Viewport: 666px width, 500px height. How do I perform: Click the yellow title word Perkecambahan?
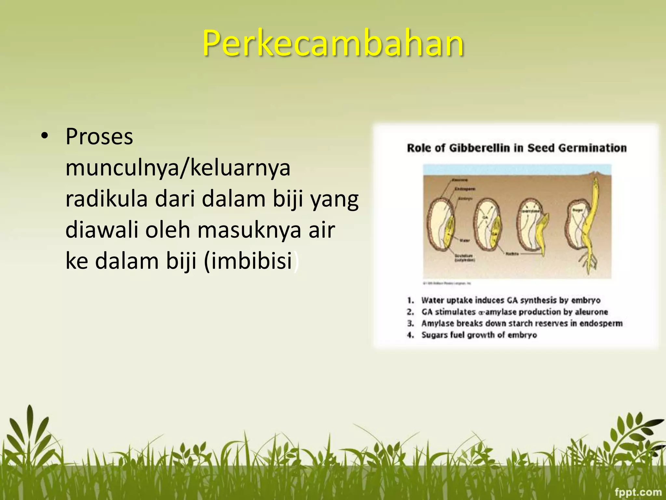(x=333, y=43)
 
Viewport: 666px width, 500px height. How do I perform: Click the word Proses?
(x=99, y=137)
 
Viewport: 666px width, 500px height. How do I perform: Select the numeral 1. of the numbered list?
(x=411, y=300)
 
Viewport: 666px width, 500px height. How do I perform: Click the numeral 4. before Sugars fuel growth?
(x=411, y=335)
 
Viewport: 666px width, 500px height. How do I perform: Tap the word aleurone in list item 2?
(x=591, y=312)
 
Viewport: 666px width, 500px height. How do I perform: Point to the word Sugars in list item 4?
(x=434, y=335)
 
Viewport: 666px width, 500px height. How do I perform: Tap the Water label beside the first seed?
(x=464, y=241)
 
